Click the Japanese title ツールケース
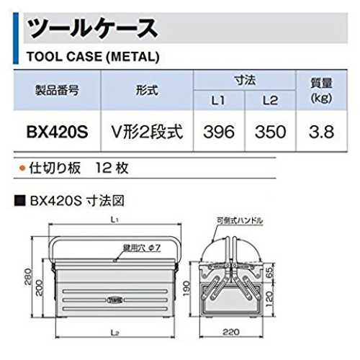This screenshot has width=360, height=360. (x=92, y=28)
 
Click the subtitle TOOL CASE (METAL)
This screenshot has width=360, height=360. (x=93, y=57)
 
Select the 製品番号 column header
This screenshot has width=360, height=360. (x=57, y=91)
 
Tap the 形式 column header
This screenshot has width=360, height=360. (x=147, y=91)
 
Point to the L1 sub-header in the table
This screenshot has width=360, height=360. (x=218, y=100)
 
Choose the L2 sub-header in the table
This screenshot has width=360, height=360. (x=270, y=100)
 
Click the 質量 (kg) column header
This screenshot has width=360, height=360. (x=321, y=91)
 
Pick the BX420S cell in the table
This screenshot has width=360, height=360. (x=58, y=132)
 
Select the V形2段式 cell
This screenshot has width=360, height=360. (x=147, y=132)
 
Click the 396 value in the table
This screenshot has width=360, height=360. (x=219, y=132)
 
